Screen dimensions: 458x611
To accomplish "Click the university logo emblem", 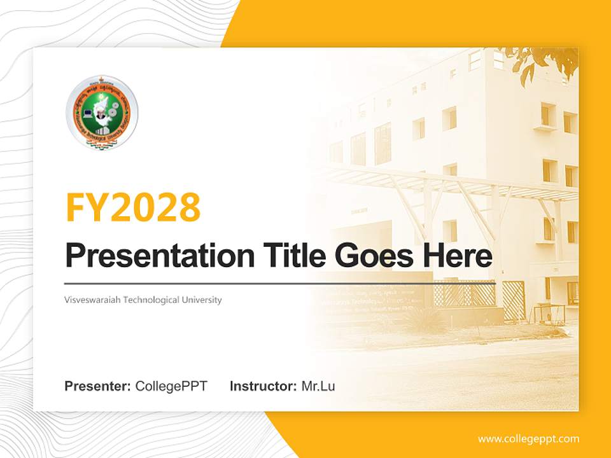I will click(x=102, y=113).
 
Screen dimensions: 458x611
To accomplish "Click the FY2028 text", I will click(x=133, y=207).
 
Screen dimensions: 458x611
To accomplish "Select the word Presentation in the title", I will click(x=150, y=256).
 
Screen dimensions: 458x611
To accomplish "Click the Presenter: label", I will click(x=98, y=386).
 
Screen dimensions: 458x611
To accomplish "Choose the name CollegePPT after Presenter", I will click(x=171, y=386).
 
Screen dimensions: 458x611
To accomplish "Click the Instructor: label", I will click(x=263, y=386).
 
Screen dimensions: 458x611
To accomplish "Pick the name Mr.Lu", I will click(x=318, y=386).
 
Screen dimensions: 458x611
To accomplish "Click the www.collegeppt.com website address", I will click(x=528, y=439).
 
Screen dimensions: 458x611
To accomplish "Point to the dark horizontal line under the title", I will click(x=280, y=282).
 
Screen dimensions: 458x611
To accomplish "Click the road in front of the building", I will click(x=458, y=369).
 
